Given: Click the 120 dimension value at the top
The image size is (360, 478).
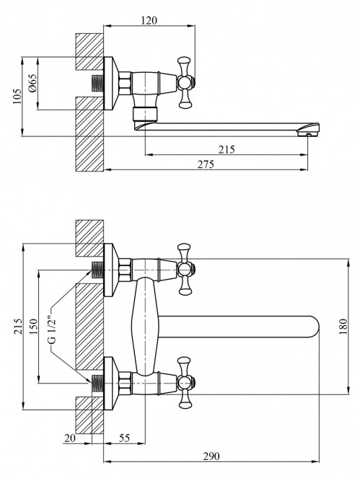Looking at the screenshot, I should pyautogui.click(x=149, y=21).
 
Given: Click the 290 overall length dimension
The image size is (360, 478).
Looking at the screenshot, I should pyautogui.click(x=211, y=456).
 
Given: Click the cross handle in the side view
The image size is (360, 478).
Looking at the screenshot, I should pyautogui.click(x=185, y=81).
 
